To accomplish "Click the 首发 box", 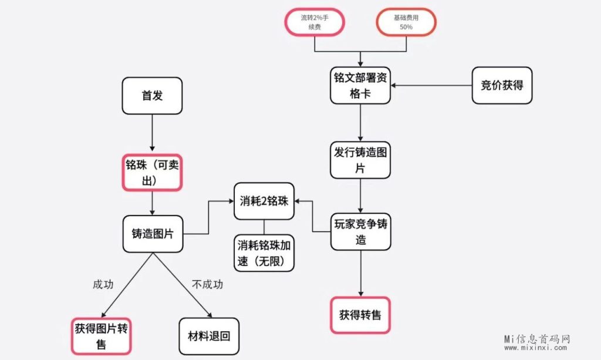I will [x=152, y=96].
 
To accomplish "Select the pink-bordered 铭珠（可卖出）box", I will [x=152, y=173].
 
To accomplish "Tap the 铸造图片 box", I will [x=152, y=234].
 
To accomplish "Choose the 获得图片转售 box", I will [x=101, y=335].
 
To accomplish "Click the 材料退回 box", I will [x=208, y=336].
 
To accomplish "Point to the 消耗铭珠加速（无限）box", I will [x=264, y=253].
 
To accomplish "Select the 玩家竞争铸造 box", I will [x=360, y=231].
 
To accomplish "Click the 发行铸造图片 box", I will [x=360, y=160].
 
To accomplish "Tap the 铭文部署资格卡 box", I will [x=360, y=86].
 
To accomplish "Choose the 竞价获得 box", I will [x=502, y=85].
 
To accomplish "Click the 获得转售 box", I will [x=360, y=315].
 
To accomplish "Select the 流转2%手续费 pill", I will [x=314, y=22].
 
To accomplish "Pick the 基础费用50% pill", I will [x=406, y=22].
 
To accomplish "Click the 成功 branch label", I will [x=103, y=285].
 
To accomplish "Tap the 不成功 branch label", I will [x=208, y=285].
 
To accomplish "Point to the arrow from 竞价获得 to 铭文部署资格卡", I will [x=431, y=86].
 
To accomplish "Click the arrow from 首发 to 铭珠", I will [x=152, y=133].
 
